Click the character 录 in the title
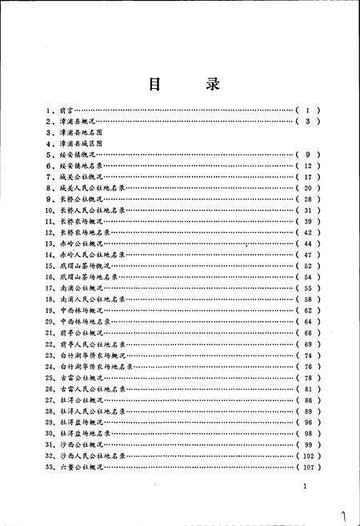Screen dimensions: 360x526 point(210,84)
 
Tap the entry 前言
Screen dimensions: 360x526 point(66,109)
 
